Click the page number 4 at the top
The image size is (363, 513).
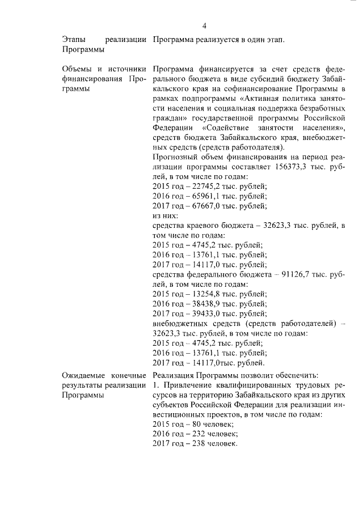(204, 25)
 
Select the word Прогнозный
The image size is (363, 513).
(176, 158)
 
